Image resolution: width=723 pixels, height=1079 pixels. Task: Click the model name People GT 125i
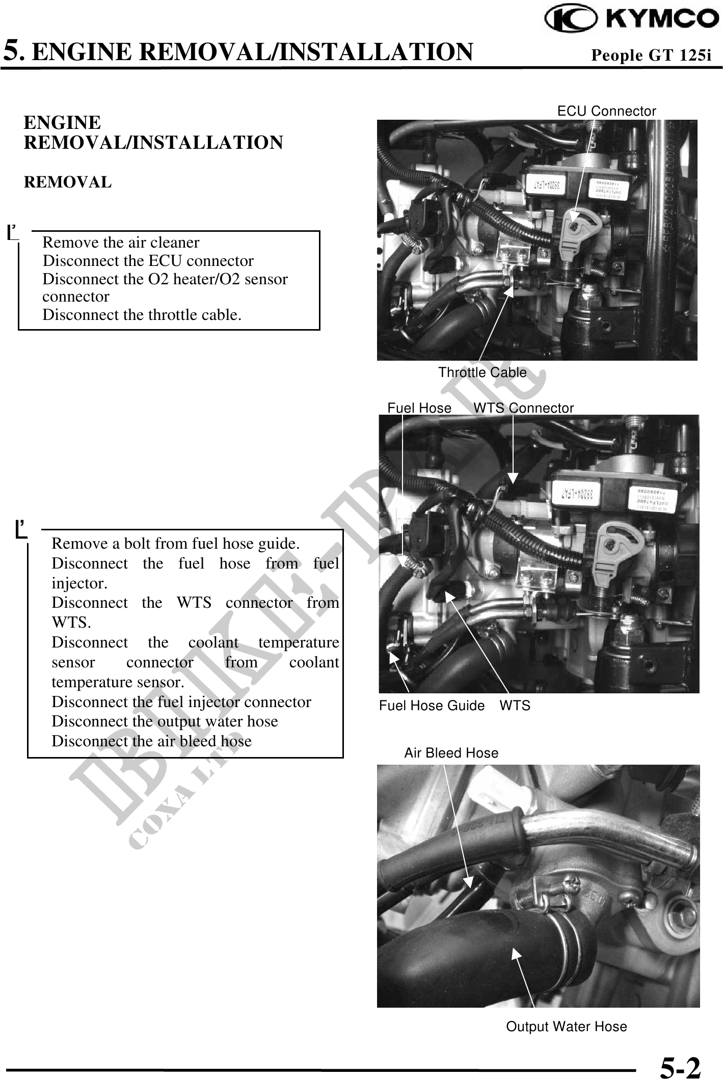coord(651,55)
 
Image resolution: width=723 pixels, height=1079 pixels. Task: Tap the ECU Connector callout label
coord(606,111)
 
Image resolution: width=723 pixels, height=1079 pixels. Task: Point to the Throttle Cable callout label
coord(482,372)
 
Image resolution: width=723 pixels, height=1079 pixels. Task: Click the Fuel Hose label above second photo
coord(419,408)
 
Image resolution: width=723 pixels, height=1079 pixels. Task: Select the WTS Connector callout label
coord(523,408)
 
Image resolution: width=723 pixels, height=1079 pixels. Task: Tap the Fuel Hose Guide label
coord(432,706)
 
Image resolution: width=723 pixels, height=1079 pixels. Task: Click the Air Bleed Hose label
coord(451,753)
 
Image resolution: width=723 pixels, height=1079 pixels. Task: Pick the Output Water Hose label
coord(566,1027)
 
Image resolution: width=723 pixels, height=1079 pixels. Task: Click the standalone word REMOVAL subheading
coord(68,182)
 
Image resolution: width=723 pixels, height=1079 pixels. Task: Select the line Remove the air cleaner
coord(121,242)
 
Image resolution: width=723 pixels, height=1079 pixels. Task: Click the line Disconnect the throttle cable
coord(142,315)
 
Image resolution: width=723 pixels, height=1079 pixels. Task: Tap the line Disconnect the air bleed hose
coord(151,741)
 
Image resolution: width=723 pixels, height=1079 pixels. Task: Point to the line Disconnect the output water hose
coord(165,721)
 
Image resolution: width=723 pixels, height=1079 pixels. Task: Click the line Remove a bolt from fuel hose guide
coord(175,544)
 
